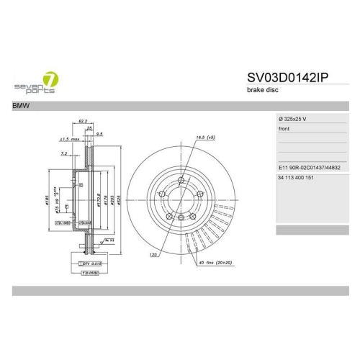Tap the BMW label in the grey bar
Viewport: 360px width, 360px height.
pyautogui.click(x=22, y=106)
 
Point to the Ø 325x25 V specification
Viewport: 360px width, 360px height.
pyautogui.click(x=297, y=118)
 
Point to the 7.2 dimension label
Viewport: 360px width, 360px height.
pyautogui.click(x=63, y=153)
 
